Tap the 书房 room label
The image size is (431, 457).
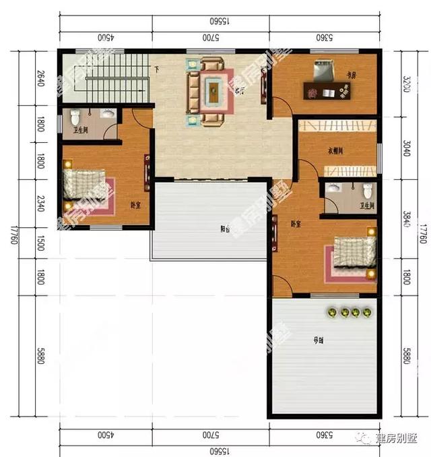(x=351, y=75)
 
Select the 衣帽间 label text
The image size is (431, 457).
(x=336, y=151)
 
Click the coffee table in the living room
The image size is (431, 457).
(x=213, y=92)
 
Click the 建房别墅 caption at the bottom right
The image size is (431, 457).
(x=395, y=439)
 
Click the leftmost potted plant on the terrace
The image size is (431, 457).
(x=332, y=312)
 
